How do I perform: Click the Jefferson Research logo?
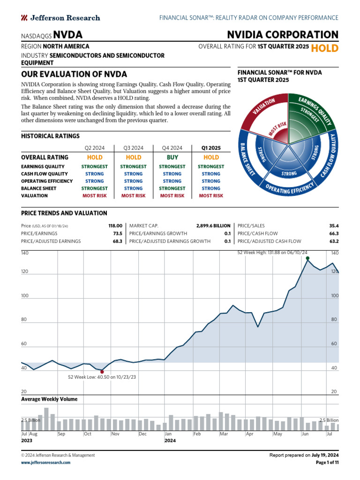(x=60, y=18)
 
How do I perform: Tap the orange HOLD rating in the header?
(x=324, y=48)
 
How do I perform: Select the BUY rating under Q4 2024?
(x=172, y=157)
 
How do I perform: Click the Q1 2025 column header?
(x=210, y=147)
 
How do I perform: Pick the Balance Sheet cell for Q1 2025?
(x=210, y=188)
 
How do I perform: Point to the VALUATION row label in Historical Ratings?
(x=34, y=195)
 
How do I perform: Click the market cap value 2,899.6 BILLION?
(x=213, y=225)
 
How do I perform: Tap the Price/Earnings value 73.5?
(x=117, y=233)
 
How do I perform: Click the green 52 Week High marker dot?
(x=307, y=258)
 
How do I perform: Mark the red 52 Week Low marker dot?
(x=102, y=372)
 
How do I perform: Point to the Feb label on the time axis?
(x=197, y=434)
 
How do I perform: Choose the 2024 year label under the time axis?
(x=170, y=441)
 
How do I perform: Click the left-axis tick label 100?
(x=25, y=296)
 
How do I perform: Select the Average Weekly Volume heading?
(x=49, y=399)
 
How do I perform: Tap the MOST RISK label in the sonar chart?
(x=277, y=130)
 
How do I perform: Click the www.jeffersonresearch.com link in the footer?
(x=46, y=462)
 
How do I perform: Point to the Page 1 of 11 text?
(x=328, y=462)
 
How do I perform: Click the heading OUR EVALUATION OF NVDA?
(x=74, y=74)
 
